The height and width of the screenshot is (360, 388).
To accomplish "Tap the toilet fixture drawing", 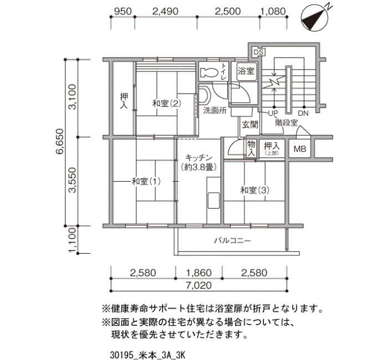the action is pos(208,72).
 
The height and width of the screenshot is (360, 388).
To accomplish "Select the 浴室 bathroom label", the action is pos(246,71).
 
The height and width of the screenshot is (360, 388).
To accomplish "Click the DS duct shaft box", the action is pos(259,53).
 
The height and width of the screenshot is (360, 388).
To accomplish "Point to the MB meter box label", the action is pos(300,149).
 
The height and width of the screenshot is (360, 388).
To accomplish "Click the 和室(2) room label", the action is pos(166,103).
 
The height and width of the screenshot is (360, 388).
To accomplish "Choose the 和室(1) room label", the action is pos(146,182).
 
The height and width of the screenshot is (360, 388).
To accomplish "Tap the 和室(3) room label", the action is pos(255,190).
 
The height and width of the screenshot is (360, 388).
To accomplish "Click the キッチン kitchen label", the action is pos(198,157).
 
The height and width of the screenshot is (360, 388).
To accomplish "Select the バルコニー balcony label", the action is pos(233,240).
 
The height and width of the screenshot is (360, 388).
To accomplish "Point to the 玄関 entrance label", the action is pos(250,125).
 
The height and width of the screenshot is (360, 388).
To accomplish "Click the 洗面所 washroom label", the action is pos(215,110).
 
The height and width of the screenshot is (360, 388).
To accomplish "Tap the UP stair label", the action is pos(273,113).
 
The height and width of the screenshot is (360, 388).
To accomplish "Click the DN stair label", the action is pos(303,113).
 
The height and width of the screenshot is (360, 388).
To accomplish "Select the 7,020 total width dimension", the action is pos(199,285).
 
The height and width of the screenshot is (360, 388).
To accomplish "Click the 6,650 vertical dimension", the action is pos(60,142).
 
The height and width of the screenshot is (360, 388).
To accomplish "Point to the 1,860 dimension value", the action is pos(198,272).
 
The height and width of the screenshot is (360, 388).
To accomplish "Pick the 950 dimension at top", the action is pos(122,12).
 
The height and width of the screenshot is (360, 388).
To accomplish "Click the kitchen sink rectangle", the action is pos(213,200).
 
